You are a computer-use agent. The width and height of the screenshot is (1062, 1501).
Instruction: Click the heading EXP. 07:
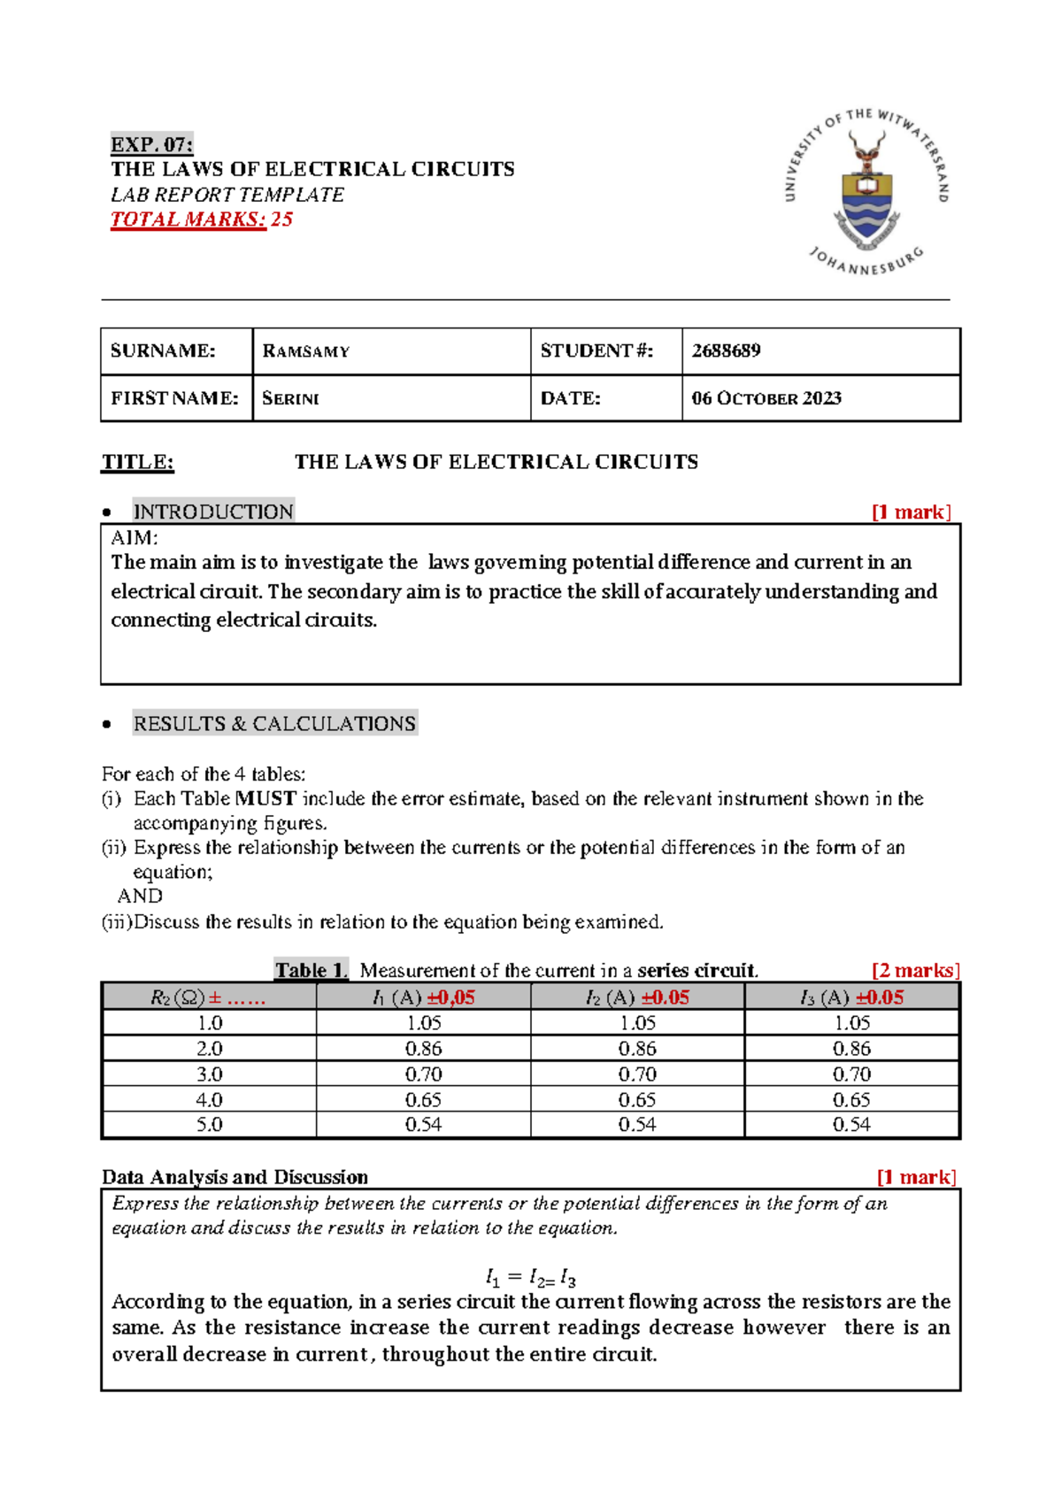click(151, 144)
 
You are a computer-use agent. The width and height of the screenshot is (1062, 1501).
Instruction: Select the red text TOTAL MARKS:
click(188, 219)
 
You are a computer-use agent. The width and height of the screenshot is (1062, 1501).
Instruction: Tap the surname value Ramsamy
click(306, 351)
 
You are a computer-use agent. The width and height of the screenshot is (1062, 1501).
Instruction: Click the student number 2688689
click(726, 350)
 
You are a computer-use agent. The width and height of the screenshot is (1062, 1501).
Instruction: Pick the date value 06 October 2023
click(766, 398)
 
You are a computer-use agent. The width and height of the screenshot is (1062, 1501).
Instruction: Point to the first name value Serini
click(290, 398)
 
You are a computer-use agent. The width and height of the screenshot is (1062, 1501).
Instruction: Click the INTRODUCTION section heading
click(213, 512)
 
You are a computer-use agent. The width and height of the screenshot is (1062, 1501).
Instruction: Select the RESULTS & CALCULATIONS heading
click(274, 724)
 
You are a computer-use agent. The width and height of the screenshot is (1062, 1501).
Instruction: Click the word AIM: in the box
click(135, 538)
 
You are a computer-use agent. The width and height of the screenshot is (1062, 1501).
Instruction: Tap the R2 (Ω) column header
click(208, 997)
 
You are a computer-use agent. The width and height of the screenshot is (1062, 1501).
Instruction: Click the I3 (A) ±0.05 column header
click(851, 997)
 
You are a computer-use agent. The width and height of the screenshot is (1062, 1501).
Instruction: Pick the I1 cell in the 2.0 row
click(423, 1049)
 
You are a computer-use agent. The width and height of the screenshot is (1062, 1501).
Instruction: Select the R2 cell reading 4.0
click(209, 1100)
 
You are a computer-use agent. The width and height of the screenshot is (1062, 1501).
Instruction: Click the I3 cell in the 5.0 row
click(851, 1125)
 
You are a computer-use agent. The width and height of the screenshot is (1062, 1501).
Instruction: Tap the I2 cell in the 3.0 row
click(637, 1074)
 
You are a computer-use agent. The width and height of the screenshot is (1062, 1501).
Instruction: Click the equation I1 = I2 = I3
click(531, 1279)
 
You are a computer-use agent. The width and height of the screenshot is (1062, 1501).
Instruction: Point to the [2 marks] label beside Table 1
click(915, 971)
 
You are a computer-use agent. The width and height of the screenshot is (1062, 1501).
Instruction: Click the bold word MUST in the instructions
click(265, 798)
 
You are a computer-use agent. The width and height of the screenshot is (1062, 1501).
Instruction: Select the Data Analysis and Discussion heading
click(235, 1177)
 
